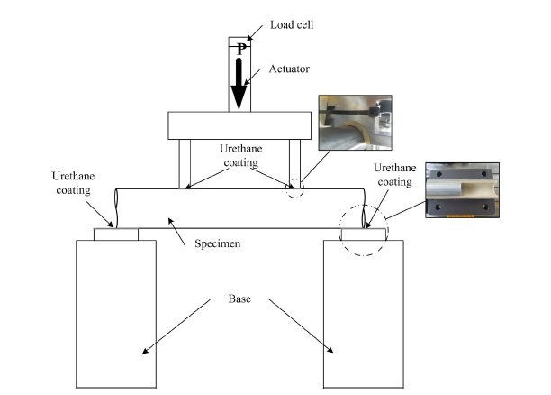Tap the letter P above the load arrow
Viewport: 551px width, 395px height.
pos(240,51)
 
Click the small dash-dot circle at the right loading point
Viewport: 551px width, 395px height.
pos(295,189)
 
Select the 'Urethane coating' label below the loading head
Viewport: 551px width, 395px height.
pos(239,156)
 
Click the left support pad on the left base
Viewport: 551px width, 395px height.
pos(116,234)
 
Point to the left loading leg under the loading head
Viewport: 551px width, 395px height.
pos(185,163)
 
